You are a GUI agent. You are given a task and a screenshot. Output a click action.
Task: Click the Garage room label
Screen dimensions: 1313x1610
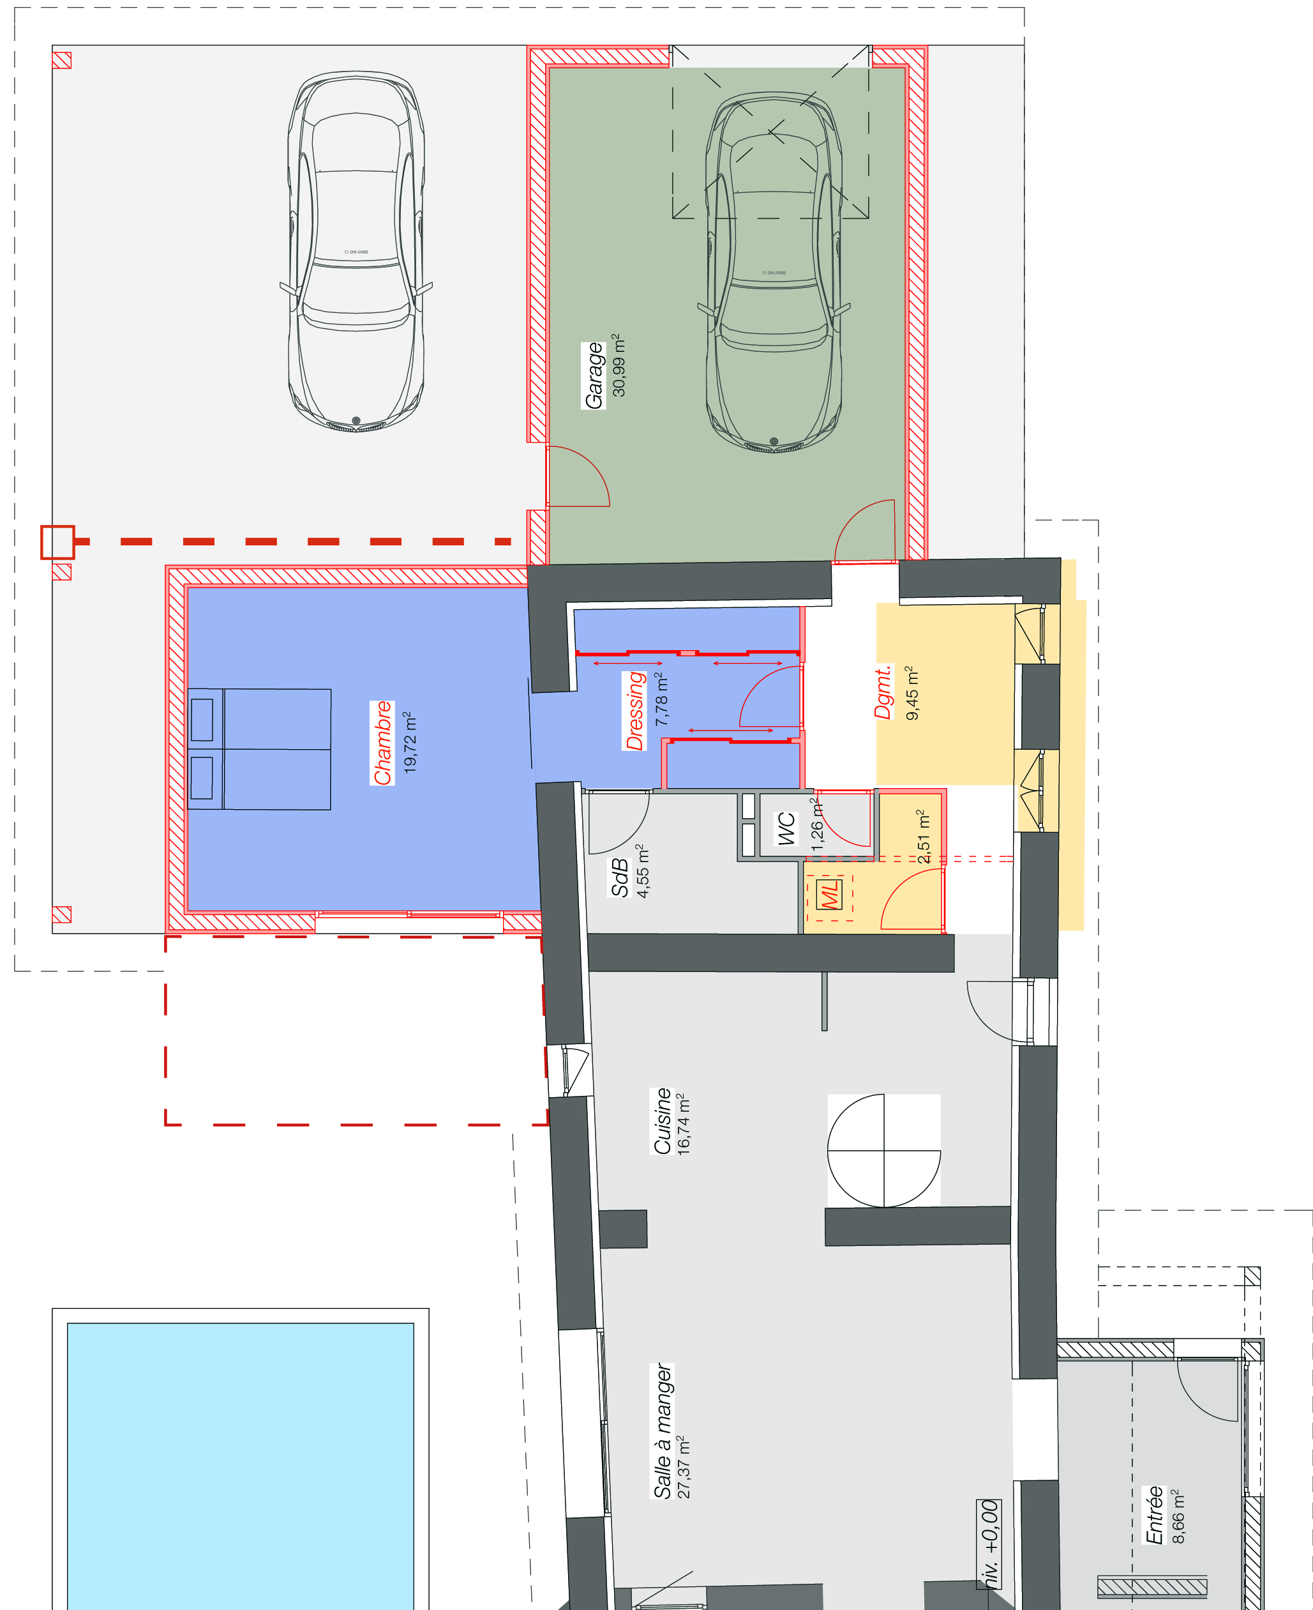pyautogui.click(x=594, y=376)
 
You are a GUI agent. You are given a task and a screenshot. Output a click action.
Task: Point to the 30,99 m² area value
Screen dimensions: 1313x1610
pyautogui.click(x=619, y=365)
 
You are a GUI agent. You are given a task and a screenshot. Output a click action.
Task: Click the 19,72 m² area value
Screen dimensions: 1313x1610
pyautogui.click(x=409, y=741)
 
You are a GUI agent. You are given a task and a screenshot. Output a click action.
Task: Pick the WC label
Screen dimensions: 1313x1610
pyautogui.click(x=786, y=828)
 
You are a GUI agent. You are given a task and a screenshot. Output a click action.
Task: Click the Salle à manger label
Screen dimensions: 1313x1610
pyautogui.click(x=663, y=1431)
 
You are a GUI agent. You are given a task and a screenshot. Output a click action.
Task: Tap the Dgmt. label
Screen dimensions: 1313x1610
pyautogui.click(x=883, y=692)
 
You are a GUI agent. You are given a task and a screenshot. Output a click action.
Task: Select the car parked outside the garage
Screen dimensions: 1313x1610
pyautogui.click(x=356, y=252)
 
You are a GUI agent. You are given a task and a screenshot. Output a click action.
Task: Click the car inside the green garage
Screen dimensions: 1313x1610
pyautogui.click(x=774, y=272)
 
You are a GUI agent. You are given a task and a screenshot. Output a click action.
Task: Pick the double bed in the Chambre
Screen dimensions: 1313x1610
pyautogui.click(x=259, y=749)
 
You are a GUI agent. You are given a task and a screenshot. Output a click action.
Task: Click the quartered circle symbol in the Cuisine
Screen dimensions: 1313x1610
pyautogui.click(x=884, y=1151)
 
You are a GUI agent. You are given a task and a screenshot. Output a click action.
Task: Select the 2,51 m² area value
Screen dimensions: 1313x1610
pyautogui.click(x=922, y=836)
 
